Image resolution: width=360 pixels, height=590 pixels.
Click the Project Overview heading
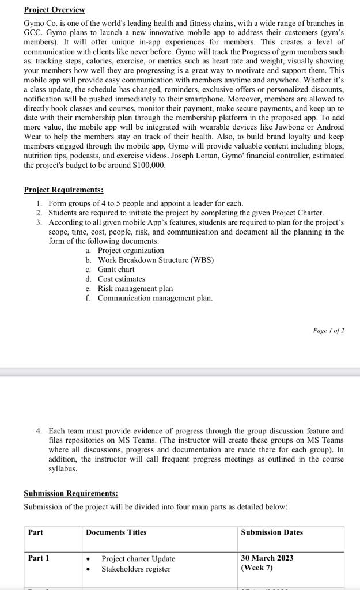(x=54, y=10)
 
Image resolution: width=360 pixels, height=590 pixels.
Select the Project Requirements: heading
(x=63, y=190)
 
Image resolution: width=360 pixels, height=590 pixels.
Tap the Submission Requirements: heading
(x=71, y=493)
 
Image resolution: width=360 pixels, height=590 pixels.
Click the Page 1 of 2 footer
(x=328, y=331)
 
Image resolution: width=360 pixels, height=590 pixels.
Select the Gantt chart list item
(x=116, y=270)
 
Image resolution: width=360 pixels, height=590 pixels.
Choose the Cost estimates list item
(x=121, y=279)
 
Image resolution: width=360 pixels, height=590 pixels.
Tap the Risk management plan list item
(x=135, y=288)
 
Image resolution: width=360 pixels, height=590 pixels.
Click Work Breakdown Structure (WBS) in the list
(x=156, y=260)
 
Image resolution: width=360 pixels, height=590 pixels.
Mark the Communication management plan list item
(x=155, y=298)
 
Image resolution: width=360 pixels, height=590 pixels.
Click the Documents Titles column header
(x=116, y=532)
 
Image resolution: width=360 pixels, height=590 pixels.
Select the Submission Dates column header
(x=272, y=532)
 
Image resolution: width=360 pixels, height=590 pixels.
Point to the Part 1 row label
(x=39, y=558)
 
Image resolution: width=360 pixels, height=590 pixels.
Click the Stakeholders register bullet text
(x=136, y=569)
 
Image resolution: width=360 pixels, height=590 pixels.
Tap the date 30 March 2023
(x=268, y=558)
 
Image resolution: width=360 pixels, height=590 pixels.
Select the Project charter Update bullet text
(x=138, y=559)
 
